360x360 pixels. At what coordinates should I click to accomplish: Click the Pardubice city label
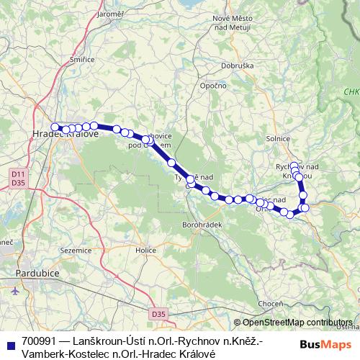tap(38, 275)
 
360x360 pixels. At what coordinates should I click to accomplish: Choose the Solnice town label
tap(277, 138)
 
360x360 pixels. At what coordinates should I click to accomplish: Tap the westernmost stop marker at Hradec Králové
tap(55, 127)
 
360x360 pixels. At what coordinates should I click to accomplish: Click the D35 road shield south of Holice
tap(159, 314)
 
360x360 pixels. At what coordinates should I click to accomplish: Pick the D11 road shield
tap(17, 174)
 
